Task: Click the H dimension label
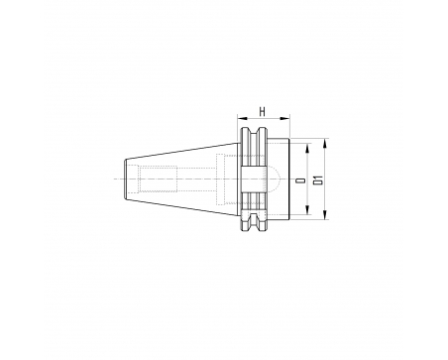263,112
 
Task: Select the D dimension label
300,180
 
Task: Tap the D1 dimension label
318,180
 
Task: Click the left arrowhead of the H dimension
243,118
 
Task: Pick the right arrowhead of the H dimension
284,118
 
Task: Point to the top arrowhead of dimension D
307,148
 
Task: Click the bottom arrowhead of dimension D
307,209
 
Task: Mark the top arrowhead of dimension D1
325,143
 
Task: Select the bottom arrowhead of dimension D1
325,214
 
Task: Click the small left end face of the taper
125,180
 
